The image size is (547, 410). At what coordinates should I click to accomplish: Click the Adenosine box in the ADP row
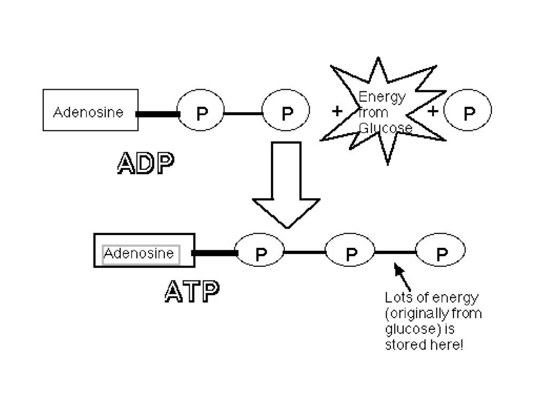pyautogui.click(x=90, y=110)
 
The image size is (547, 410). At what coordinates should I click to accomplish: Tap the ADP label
pyautogui.click(x=145, y=163)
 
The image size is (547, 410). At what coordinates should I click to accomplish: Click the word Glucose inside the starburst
pyautogui.click(x=385, y=129)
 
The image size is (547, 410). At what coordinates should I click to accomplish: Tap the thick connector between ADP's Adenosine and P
pyautogui.click(x=158, y=114)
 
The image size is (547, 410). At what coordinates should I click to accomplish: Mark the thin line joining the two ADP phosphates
pyautogui.click(x=244, y=113)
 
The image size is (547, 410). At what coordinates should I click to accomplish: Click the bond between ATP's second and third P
pyautogui.click(x=395, y=251)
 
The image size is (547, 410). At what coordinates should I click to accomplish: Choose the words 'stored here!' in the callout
pyautogui.click(x=424, y=345)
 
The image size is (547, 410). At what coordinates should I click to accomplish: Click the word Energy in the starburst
pyautogui.click(x=382, y=98)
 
